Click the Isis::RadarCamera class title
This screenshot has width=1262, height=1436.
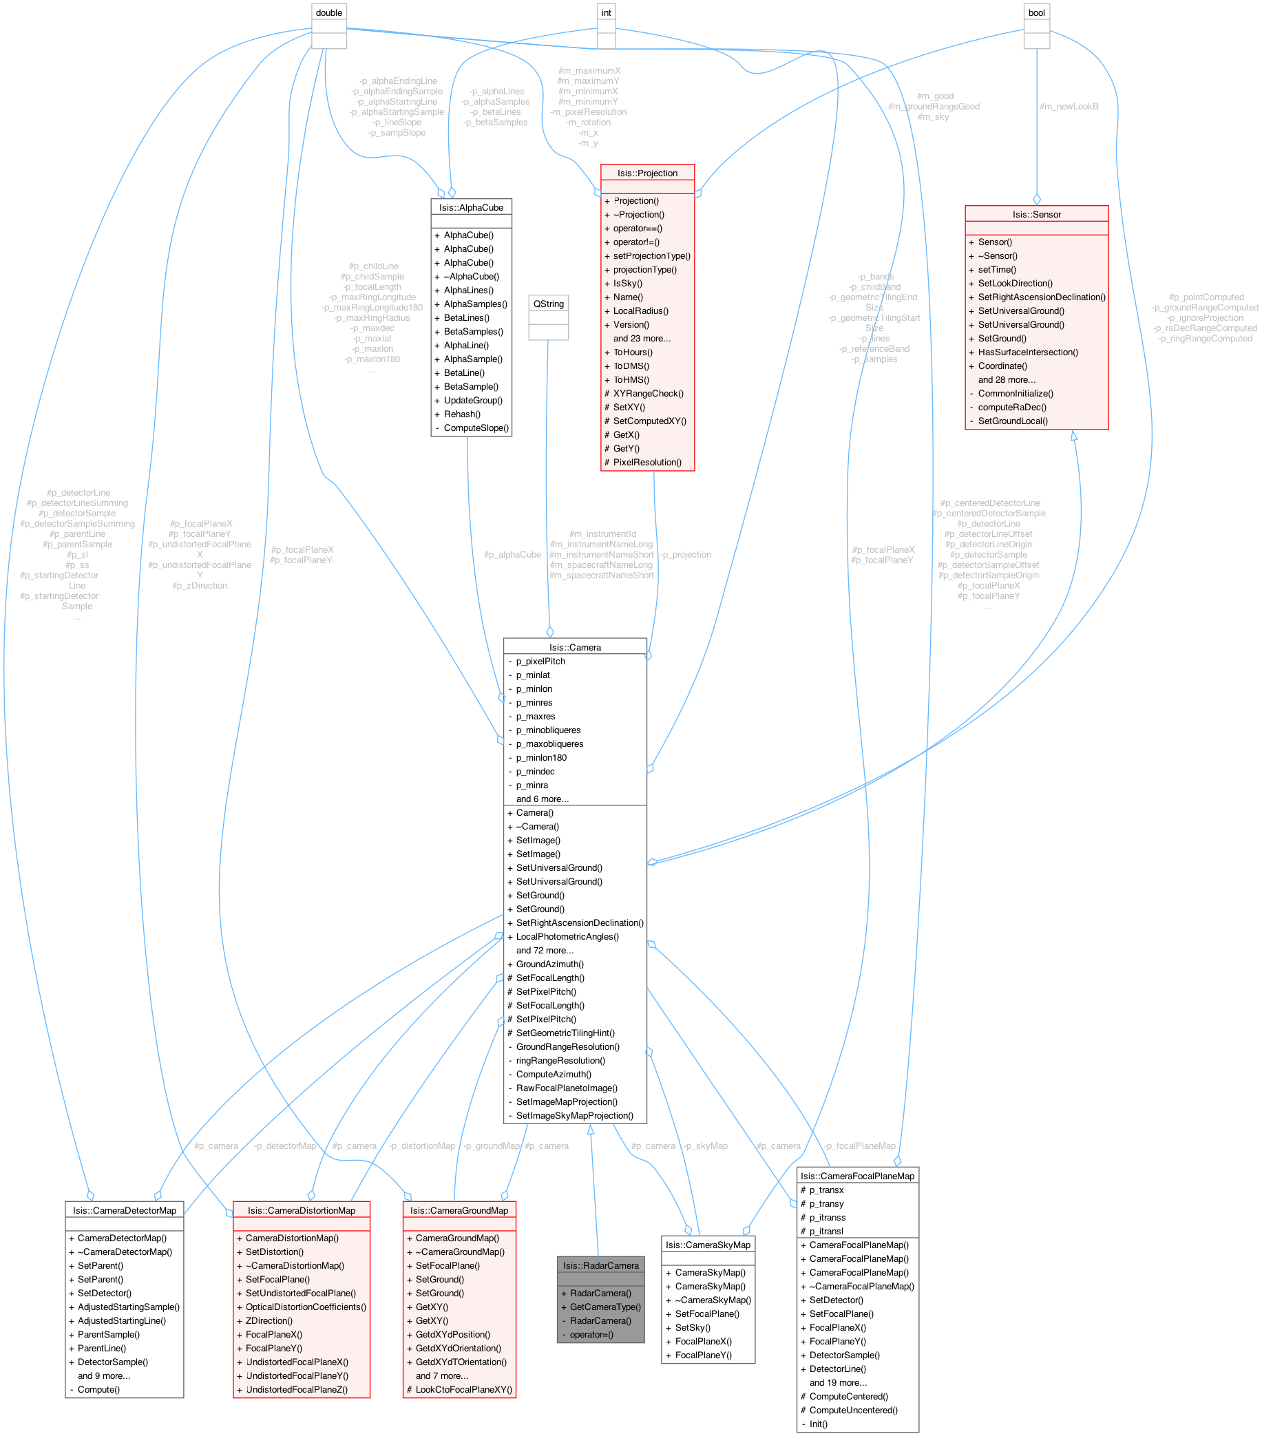tap(600, 1265)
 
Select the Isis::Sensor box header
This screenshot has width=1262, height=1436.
tap(1036, 214)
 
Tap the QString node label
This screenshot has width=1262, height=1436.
tap(548, 304)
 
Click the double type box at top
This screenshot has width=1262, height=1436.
tap(329, 12)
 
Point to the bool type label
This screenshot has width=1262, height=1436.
tap(1036, 12)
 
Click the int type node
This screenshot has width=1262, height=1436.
tap(606, 12)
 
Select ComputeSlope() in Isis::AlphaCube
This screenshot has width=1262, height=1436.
tap(476, 428)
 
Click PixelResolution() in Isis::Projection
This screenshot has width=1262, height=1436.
tap(646, 463)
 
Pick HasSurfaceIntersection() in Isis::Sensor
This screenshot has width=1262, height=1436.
tap(1027, 352)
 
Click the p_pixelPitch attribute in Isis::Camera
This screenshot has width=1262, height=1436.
tap(540, 661)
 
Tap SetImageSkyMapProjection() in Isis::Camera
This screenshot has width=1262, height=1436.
tap(574, 1116)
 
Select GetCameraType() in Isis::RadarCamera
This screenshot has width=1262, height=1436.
tap(605, 1307)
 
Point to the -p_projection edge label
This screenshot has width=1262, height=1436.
tap(686, 554)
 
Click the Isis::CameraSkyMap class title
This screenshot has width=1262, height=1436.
tap(708, 1245)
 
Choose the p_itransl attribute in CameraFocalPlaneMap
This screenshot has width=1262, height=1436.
tap(825, 1231)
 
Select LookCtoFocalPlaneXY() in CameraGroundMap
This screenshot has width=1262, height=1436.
tap(464, 1390)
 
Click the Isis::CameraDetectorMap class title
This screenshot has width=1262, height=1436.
tap(125, 1210)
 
